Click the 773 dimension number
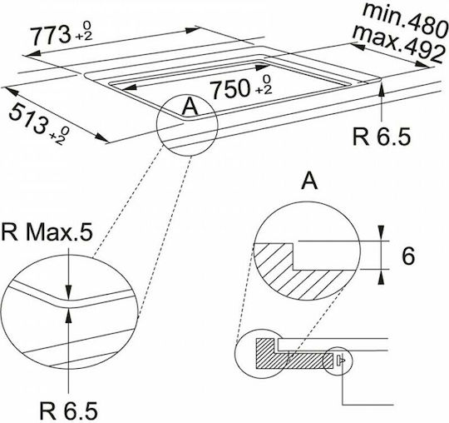[x=51, y=35]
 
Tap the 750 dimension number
[x=229, y=88]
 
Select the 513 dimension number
[x=27, y=119]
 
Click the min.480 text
[x=405, y=20]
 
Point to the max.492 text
[x=398, y=44]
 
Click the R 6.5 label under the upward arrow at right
[x=382, y=137]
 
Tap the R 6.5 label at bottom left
[x=68, y=411]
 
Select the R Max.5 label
[x=47, y=232]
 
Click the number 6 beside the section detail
[x=408, y=256]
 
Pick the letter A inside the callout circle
[x=190, y=107]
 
